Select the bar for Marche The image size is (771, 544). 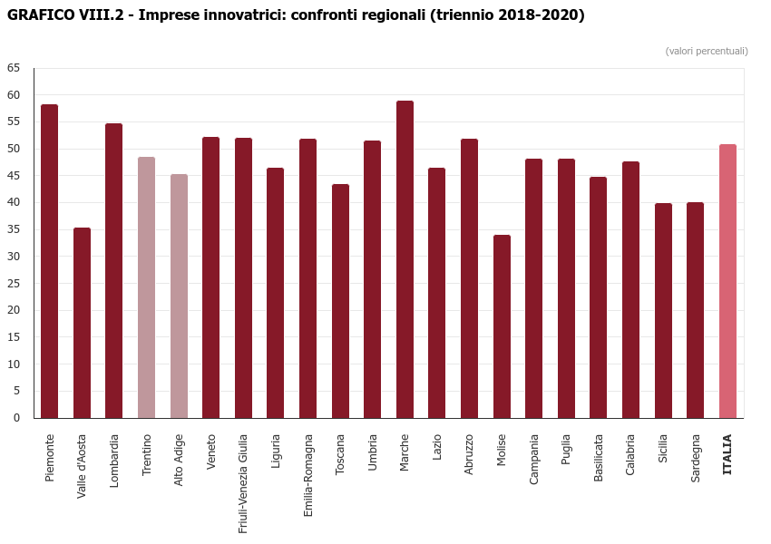405,259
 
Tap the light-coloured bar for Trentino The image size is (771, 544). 146,287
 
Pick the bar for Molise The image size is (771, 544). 502,326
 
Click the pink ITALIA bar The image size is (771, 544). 727,281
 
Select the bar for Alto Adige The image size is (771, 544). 179,296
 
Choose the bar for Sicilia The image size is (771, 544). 663,311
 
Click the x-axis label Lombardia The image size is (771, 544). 114,461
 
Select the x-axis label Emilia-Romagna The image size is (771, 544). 308,475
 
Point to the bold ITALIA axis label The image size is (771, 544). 727,454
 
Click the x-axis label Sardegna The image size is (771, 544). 696,459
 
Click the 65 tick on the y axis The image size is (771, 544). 14,68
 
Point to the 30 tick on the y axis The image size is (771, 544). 14,257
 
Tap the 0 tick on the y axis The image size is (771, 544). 16,418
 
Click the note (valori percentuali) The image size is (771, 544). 707,51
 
